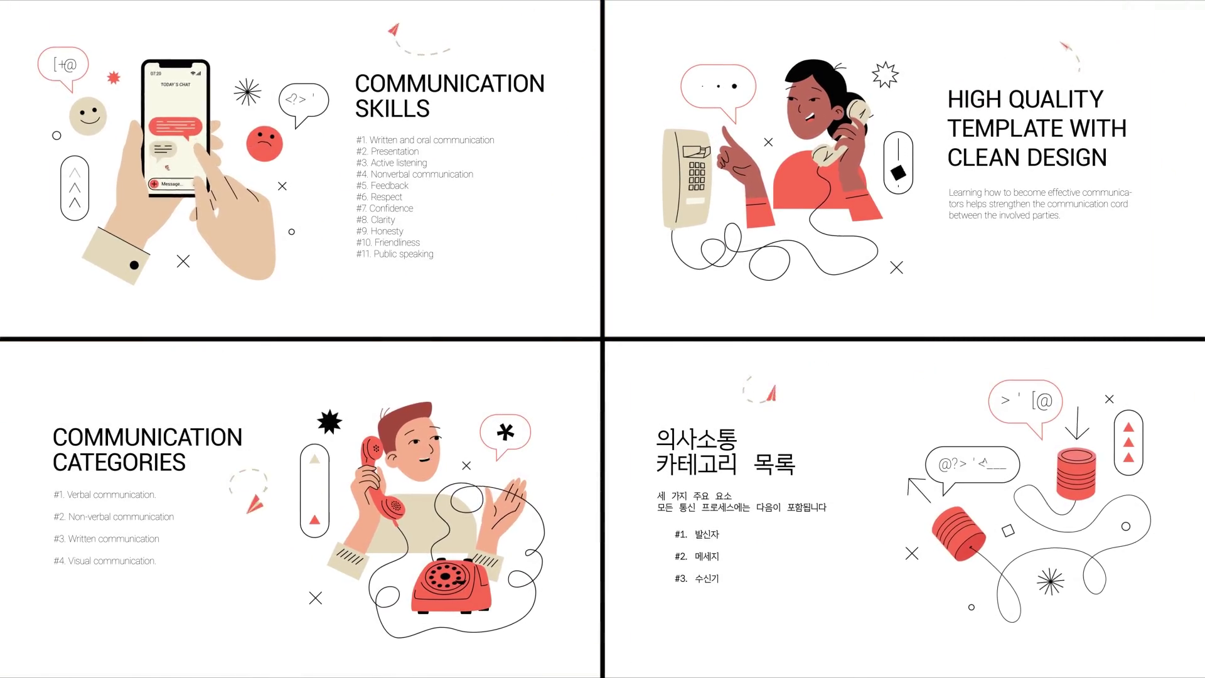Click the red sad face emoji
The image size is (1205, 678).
[x=264, y=144]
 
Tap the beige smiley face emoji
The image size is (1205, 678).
[x=88, y=116]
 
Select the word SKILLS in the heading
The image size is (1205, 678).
[x=392, y=109]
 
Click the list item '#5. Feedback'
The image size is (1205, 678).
[x=382, y=186]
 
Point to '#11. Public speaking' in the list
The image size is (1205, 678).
[x=395, y=254]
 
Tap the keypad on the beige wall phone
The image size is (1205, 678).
[x=697, y=176]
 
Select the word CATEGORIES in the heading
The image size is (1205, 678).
[x=119, y=463]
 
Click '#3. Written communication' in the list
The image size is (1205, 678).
[x=107, y=539]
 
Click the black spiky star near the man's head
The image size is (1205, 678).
[x=329, y=422]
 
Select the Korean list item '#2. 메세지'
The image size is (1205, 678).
[x=697, y=556]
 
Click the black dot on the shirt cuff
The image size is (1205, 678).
[x=134, y=265]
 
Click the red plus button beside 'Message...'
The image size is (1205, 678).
[x=154, y=184]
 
